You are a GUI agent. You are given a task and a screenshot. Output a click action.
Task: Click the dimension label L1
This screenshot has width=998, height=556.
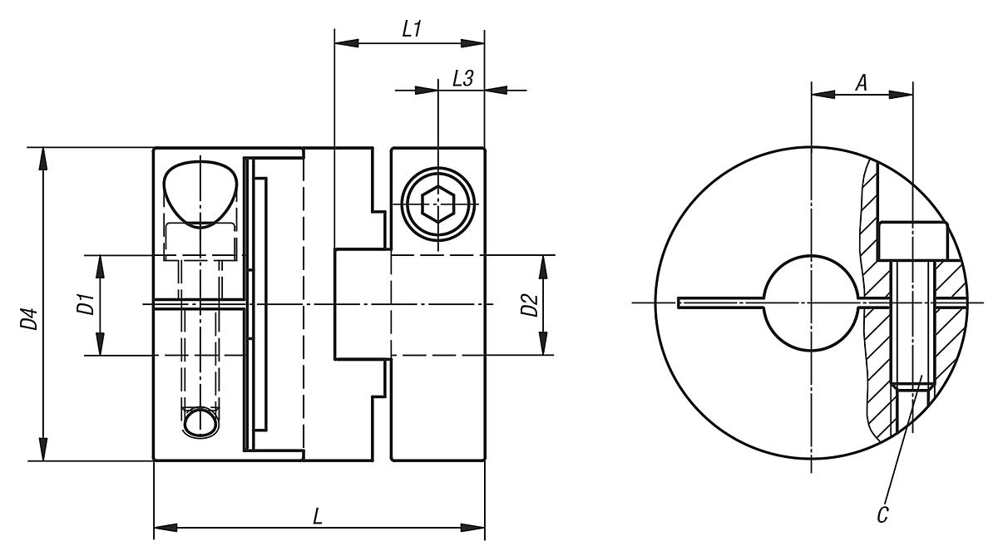click(410, 29)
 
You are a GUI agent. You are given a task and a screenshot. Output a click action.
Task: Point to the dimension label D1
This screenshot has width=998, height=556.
click(83, 306)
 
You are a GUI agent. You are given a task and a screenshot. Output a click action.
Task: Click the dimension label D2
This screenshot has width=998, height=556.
click(527, 306)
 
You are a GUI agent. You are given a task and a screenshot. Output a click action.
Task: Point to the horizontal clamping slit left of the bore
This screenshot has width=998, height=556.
click(720, 303)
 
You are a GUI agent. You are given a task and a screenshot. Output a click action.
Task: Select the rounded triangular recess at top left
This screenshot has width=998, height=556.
click(200, 192)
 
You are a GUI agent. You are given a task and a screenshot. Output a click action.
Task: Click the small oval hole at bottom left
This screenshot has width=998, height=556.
click(200, 421)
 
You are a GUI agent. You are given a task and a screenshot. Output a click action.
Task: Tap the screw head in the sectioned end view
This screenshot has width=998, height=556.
click(913, 240)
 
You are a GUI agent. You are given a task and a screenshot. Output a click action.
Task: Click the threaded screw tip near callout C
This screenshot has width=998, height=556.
click(913, 385)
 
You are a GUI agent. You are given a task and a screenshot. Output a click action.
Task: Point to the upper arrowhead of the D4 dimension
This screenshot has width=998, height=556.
click(43, 158)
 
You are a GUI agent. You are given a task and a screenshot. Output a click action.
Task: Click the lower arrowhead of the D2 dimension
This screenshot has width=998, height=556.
click(542, 346)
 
